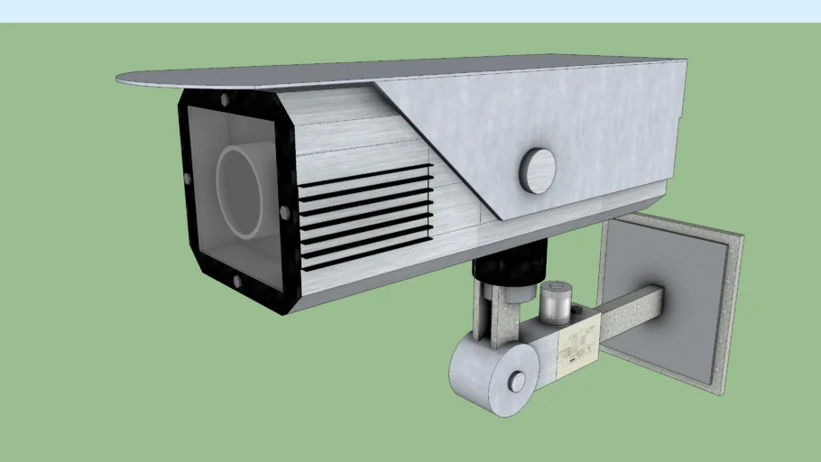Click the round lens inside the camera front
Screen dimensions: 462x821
pyautogui.click(x=240, y=192)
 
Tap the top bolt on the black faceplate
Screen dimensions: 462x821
pyautogui.click(x=224, y=100)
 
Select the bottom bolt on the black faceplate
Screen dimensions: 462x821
pyautogui.click(x=237, y=282)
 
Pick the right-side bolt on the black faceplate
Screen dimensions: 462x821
pyautogui.click(x=285, y=212)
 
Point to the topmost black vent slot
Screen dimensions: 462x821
pyautogui.click(x=364, y=171)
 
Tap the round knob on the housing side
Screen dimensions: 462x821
pyautogui.click(x=537, y=169)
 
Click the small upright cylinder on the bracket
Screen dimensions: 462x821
pyautogui.click(x=556, y=301)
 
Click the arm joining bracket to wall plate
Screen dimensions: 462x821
pyautogui.click(x=632, y=312)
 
